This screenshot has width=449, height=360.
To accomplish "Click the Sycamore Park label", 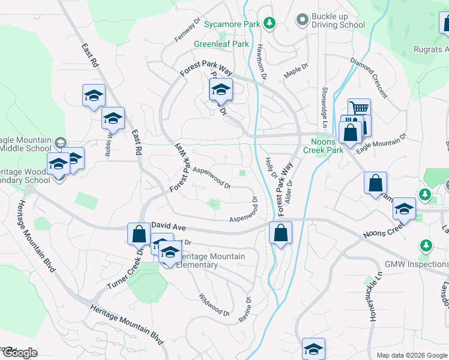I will pos(231,25).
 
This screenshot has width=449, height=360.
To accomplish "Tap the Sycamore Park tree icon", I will pos(270,23).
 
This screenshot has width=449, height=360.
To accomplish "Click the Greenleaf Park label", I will pos(221,44).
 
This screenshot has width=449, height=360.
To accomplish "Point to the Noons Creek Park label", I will pos(323,146).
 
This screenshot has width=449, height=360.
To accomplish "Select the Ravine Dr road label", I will pos(244,310).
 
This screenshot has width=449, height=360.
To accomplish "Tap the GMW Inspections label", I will pos(417,264).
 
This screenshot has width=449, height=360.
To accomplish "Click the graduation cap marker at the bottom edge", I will pos(313,349).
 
